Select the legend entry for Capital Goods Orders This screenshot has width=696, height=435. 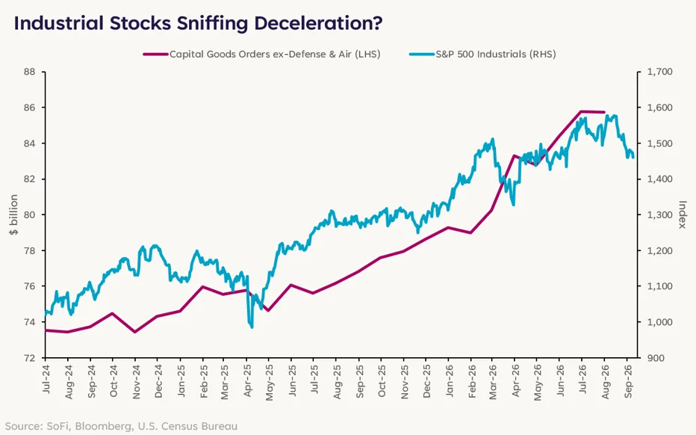pyautogui.click(x=262, y=55)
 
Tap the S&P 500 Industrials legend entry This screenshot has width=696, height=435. pyautogui.click(x=482, y=55)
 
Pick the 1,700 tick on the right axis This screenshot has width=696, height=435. pyautogui.click(x=659, y=72)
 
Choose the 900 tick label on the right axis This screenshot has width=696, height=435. pyautogui.click(x=656, y=358)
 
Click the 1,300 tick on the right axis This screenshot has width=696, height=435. pyautogui.click(x=659, y=215)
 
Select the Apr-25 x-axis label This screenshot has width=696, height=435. pyautogui.click(x=248, y=380)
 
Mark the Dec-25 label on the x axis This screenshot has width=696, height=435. pyautogui.click(x=426, y=381)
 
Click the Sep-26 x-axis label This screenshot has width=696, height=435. pyautogui.click(x=628, y=381)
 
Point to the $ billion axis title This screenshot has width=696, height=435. pyautogui.click(x=13, y=215)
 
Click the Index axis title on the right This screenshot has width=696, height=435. pyautogui.click(x=683, y=215)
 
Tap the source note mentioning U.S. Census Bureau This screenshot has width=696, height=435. pyautogui.click(x=121, y=426)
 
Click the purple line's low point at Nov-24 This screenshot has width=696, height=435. pyautogui.click(x=135, y=332)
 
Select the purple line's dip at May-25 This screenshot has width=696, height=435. pyautogui.click(x=267, y=310)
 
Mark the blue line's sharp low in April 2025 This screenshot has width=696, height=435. pyautogui.click(x=252, y=327)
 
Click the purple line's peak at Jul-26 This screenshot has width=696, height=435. pyautogui.click(x=581, y=111)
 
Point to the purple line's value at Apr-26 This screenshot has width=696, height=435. pyautogui.click(x=514, y=156)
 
